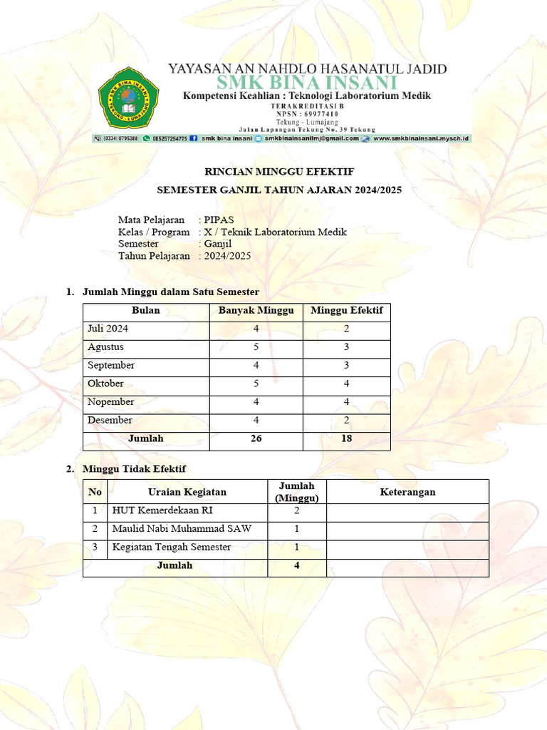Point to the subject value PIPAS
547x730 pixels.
219,220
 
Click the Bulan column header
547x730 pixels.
146,311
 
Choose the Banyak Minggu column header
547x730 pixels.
256,311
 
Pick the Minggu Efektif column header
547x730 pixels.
347,311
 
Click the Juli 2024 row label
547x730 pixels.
108,329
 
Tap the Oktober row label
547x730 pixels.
105,384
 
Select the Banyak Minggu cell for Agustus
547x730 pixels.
256,347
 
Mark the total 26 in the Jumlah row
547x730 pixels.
256,438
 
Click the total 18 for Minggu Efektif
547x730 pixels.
347,438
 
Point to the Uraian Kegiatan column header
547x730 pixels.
187,492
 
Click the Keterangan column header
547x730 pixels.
407,492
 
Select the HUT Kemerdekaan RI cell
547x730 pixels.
162,511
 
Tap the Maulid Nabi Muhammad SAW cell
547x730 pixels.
181,529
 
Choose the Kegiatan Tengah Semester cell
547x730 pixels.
172,547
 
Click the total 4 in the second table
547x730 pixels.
297,565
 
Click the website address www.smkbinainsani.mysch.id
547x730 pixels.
420,138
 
